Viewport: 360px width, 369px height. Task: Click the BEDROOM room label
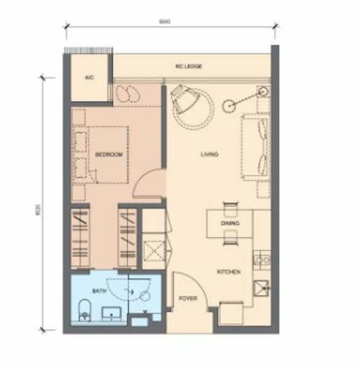(110, 155)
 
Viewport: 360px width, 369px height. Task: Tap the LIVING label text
(209, 154)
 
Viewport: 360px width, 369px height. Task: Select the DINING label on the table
(230, 224)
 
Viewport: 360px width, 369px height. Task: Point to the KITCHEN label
(228, 271)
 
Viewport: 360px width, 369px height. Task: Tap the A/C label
(89, 77)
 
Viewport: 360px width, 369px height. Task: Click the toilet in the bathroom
(85, 312)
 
